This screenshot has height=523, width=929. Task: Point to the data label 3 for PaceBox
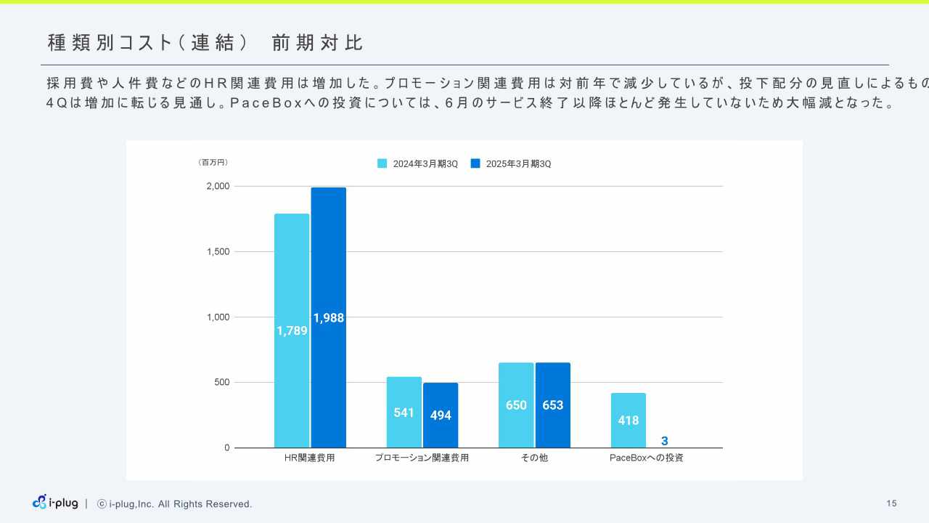(664, 441)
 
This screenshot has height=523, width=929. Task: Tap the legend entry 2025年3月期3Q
(512, 164)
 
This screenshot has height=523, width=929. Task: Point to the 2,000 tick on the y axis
(218, 186)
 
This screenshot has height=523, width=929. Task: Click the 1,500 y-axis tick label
(218, 251)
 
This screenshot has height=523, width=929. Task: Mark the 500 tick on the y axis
(221, 382)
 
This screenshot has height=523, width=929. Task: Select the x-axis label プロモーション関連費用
(422, 458)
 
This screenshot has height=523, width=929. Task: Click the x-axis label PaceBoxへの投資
(646, 458)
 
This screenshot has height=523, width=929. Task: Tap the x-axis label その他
(534, 458)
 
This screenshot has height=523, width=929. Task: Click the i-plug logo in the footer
(55, 503)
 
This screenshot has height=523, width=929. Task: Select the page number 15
(891, 503)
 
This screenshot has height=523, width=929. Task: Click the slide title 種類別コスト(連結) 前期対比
(205, 43)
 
